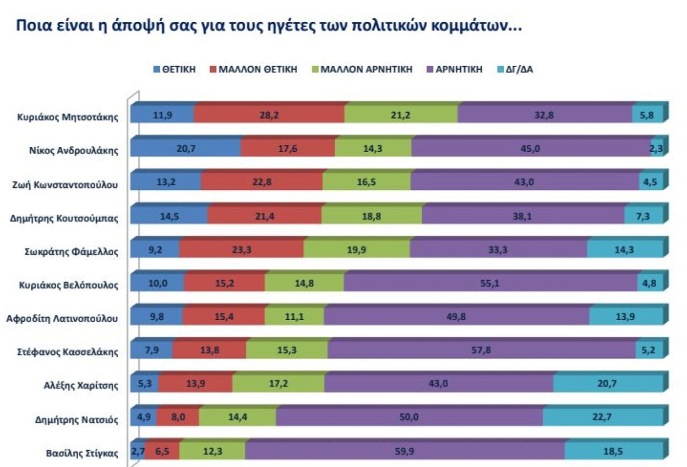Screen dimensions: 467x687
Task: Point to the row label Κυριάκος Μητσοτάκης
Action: pyautogui.click(x=68, y=117)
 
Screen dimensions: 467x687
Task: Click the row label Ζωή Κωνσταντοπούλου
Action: pyautogui.click(x=65, y=185)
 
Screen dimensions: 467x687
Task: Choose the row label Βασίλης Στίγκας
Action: pyautogui.click(x=82, y=453)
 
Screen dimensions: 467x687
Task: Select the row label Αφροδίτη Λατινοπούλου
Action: pyautogui.click(x=62, y=319)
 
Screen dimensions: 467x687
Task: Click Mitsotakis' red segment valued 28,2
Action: pyautogui.click(x=269, y=115)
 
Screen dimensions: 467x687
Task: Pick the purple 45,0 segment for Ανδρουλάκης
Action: pyautogui.click(x=530, y=148)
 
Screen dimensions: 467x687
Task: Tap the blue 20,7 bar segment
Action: pyautogui.click(x=186, y=148)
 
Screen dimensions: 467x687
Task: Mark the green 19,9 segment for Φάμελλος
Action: pyautogui.click(x=356, y=250)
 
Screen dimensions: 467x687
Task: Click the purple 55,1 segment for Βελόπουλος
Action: pyautogui.click(x=490, y=283)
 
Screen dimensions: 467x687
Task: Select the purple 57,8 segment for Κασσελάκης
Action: pyautogui.click(x=481, y=350)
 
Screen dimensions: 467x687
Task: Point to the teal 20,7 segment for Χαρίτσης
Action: pyautogui.click(x=607, y=383)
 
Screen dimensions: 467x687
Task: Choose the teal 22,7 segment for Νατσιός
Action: pyautogui.click(x=602, y=417)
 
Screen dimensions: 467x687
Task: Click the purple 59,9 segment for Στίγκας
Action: pyautogui.click(x=404, y=451)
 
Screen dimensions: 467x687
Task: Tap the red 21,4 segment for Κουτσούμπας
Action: pyautogui.click(x=264, y=216)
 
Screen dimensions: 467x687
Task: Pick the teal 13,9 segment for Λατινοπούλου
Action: pyautogui.click(x=625, y=316)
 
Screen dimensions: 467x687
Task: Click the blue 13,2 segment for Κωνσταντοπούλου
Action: pyautogui.click(x=166, y=182)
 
